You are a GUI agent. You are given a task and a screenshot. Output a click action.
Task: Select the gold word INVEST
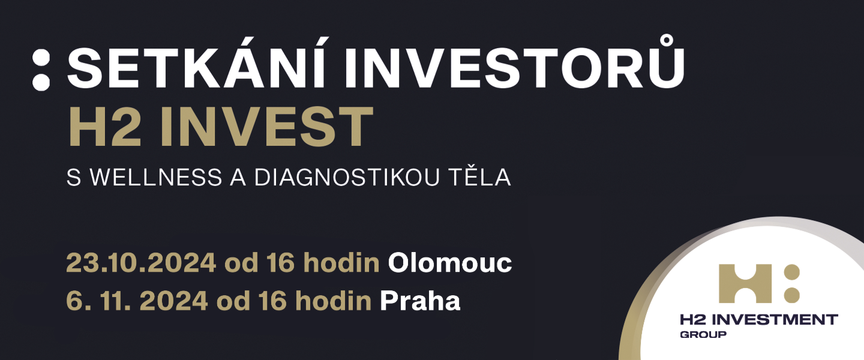[266, 127]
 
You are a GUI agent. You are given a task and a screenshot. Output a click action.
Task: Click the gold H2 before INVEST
[104, 127]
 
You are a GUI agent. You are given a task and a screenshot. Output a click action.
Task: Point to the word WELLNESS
[156, 178]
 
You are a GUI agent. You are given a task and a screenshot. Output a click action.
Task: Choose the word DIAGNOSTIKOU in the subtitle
[347, 178]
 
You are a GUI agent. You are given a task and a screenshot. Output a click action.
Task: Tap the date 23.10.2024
[141, 263]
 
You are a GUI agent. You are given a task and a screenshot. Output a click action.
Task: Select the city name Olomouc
[450, 263]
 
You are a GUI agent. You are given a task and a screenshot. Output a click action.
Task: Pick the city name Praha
[420, 301]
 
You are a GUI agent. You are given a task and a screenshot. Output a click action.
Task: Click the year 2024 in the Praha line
[173, 301]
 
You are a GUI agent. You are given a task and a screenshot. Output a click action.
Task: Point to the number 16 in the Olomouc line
[280, 263]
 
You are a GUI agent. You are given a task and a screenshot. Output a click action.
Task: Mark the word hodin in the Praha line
[333, 301]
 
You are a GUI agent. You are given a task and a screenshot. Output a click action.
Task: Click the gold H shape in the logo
[745, 284]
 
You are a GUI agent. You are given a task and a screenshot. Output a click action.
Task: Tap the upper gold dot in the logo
[792, 272]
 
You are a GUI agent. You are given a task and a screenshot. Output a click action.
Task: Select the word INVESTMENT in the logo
[775, 319]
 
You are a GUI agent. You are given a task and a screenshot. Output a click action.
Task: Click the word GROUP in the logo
[703, 335]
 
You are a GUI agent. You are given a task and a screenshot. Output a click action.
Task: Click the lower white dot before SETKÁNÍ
[41, 82]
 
